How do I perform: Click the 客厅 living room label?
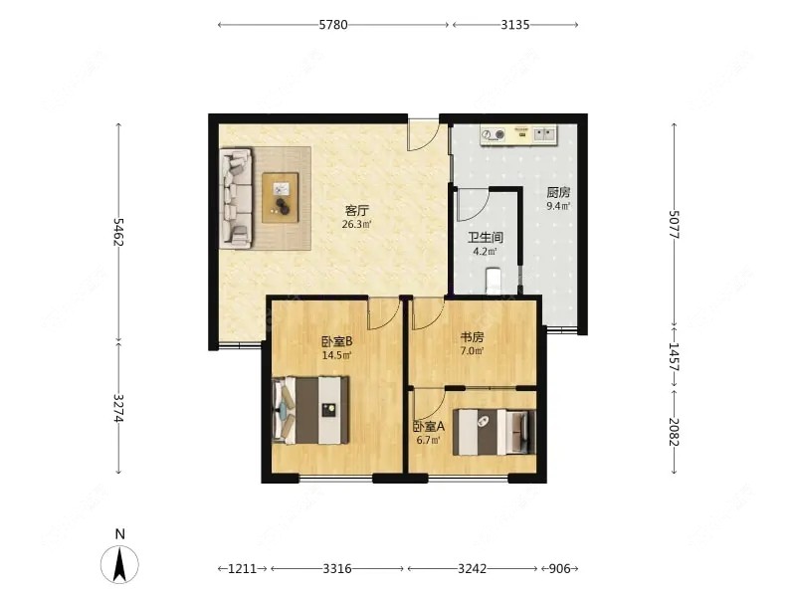tap(357, 210)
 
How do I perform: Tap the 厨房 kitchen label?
tap(558, 192)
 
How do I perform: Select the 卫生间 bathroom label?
tap(486, 237)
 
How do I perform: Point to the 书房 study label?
tap(472, 336)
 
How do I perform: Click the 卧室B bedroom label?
tap(337, 341)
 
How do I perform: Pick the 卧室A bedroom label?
tap(429, 427)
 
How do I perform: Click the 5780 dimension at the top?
tap(333, 24)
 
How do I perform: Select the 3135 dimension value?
tap(515, 24)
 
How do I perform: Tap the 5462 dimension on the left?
tap(118, 232)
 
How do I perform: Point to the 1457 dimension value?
tap(674, 357)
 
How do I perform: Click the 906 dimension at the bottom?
tap(560, 568)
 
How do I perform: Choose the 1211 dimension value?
tap(242, 568)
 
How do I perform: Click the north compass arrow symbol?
tap(119, 564)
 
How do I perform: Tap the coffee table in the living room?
tap(281, 197)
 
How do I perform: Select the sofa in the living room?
tap(236, 198)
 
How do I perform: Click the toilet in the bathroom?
tap(494, 281)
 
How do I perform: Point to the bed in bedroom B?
tap(310, 410)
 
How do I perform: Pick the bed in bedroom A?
tap(495, 432)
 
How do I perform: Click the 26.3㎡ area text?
tap(356, 224)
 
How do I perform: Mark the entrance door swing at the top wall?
tap(425, 135)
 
